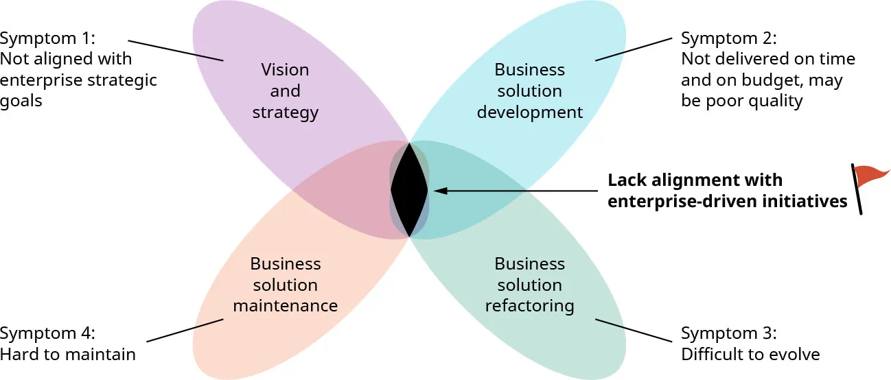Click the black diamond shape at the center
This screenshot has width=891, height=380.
click(409, 189)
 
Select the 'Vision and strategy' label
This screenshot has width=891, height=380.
click(285, 91)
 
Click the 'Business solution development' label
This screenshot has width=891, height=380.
click(529, 91)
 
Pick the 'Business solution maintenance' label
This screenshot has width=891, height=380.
click(285, 285)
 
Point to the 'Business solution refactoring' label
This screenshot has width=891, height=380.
click(529, 285)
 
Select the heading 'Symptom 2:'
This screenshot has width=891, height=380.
click(728, 38)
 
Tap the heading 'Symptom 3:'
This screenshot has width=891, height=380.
click(728, 333)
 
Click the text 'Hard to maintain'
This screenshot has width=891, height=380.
click(68, 355)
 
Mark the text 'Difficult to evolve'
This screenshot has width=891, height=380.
click(750, 355)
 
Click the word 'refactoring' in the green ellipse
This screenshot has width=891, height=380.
click(529, 305)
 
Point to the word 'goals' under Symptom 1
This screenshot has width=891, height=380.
click(21, 102)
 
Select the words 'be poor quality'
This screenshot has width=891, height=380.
click(741, 102)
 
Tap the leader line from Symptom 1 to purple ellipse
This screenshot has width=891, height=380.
click(176, 49)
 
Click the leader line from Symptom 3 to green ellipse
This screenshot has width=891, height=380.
click(633, 330)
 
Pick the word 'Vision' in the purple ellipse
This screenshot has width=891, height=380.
click(285, 70)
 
